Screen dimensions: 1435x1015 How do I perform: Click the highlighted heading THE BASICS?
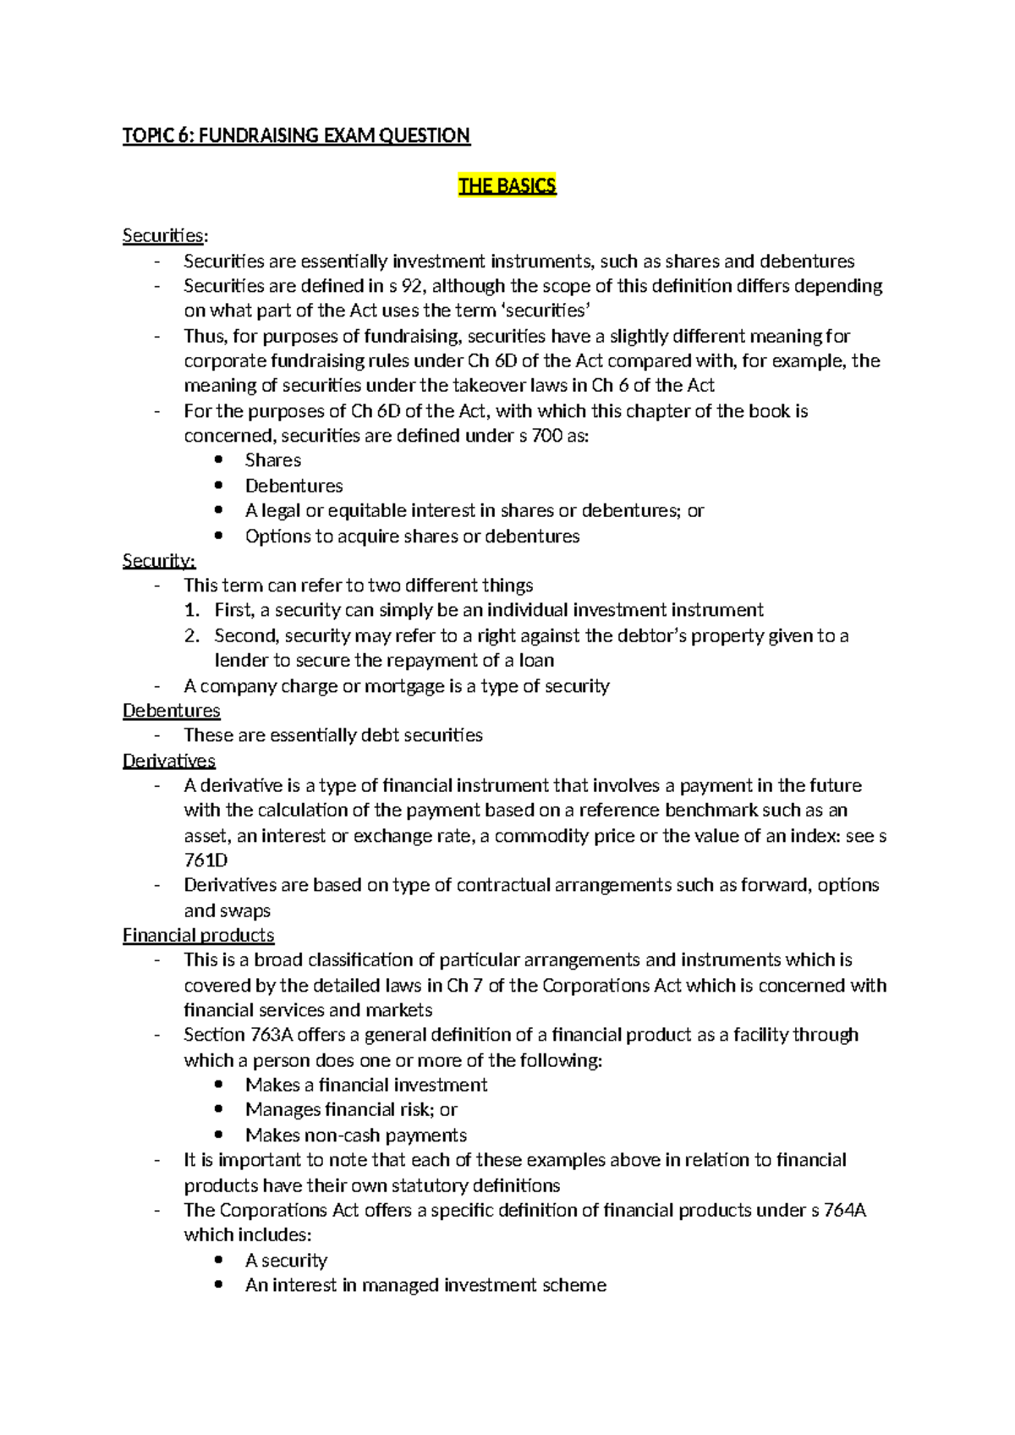[x=507, y=186]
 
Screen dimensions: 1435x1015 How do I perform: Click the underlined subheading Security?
[x=159, y=561]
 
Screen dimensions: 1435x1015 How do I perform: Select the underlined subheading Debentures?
[x=172, y=711]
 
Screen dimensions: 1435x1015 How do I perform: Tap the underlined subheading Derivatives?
[x=169, y=761]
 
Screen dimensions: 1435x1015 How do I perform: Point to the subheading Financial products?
[x=199, y=935]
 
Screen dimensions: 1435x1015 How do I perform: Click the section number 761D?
[x=206, y=860]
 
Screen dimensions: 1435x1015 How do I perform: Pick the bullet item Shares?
[x=273, y=460]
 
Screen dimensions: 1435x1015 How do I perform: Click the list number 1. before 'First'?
[x=192, y=610]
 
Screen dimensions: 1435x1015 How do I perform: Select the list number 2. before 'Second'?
[x=192, y=635]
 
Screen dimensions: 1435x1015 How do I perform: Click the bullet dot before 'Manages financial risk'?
[x=220, y=1109]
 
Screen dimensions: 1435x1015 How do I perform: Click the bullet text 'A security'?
[x=286, y=1260]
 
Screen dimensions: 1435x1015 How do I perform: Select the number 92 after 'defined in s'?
[x=411, y=286]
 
